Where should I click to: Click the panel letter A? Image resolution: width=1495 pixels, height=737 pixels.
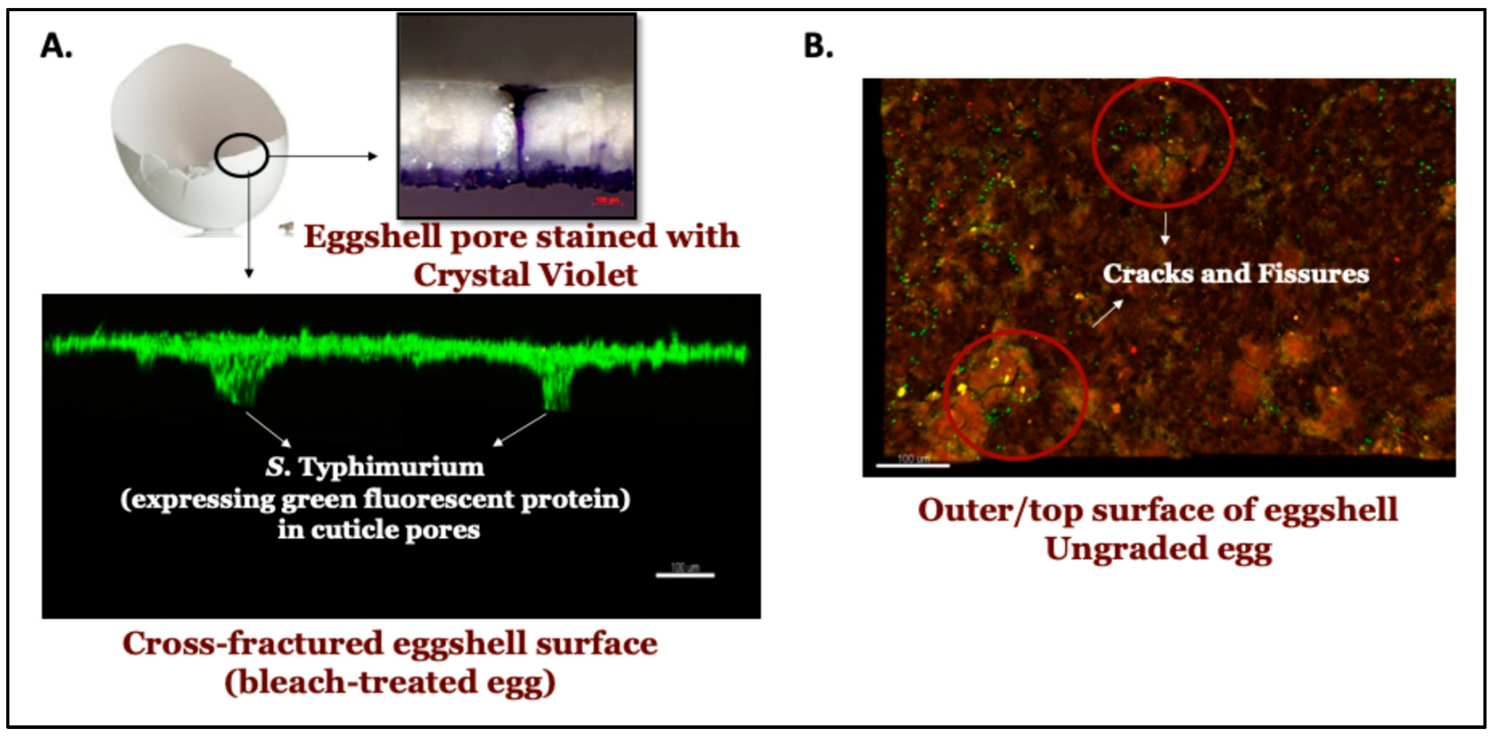click(x=56, y=46)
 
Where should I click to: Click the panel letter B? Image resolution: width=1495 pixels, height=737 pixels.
click(x=818, y=46)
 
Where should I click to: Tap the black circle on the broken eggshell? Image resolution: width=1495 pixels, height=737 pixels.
click(x=241, y=155)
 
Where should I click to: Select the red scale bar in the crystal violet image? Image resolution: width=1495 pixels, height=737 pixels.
click(x=606, y=201)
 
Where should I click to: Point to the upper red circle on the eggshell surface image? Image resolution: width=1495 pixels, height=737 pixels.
click(x=1163, y=143)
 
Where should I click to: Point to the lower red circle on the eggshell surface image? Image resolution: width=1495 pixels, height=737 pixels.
click(x=1015, y=395)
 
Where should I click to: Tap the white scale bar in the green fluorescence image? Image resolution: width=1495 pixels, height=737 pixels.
click(x=685, y=575)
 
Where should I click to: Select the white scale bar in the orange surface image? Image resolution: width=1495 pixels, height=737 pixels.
click(x=912, y=465)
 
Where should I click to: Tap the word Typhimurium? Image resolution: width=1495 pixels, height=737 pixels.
click(x=391, y=467)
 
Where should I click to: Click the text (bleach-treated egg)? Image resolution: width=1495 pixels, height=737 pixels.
click(x=390, y=682)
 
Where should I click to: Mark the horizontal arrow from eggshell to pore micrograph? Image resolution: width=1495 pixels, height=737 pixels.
click(x=322, y=156)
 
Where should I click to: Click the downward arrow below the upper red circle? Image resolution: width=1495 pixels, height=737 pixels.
click(x=1164, y=228)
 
